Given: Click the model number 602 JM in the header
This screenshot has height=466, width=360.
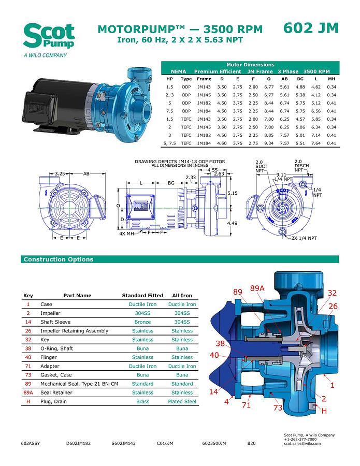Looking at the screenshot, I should pos(311,28).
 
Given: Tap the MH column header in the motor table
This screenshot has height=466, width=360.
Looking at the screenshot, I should pos(332,79).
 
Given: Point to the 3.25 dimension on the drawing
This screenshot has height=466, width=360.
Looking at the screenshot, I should pos(60,173).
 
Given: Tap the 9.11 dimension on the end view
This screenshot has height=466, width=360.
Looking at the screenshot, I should pos(281,174).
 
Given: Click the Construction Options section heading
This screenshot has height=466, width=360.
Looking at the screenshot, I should pos(59,259).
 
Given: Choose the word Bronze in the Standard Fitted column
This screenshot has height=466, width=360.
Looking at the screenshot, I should pos(142,322).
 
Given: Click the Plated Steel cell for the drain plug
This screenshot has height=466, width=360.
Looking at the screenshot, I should pos(182,401).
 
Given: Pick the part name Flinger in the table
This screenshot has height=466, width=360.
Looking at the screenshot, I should pos(51,357).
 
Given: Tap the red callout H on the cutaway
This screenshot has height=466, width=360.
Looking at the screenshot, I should pos(324,411).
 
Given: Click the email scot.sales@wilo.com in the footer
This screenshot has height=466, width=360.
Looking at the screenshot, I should pos(303,443).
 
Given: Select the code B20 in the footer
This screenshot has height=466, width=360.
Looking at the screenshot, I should pos(251,444).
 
